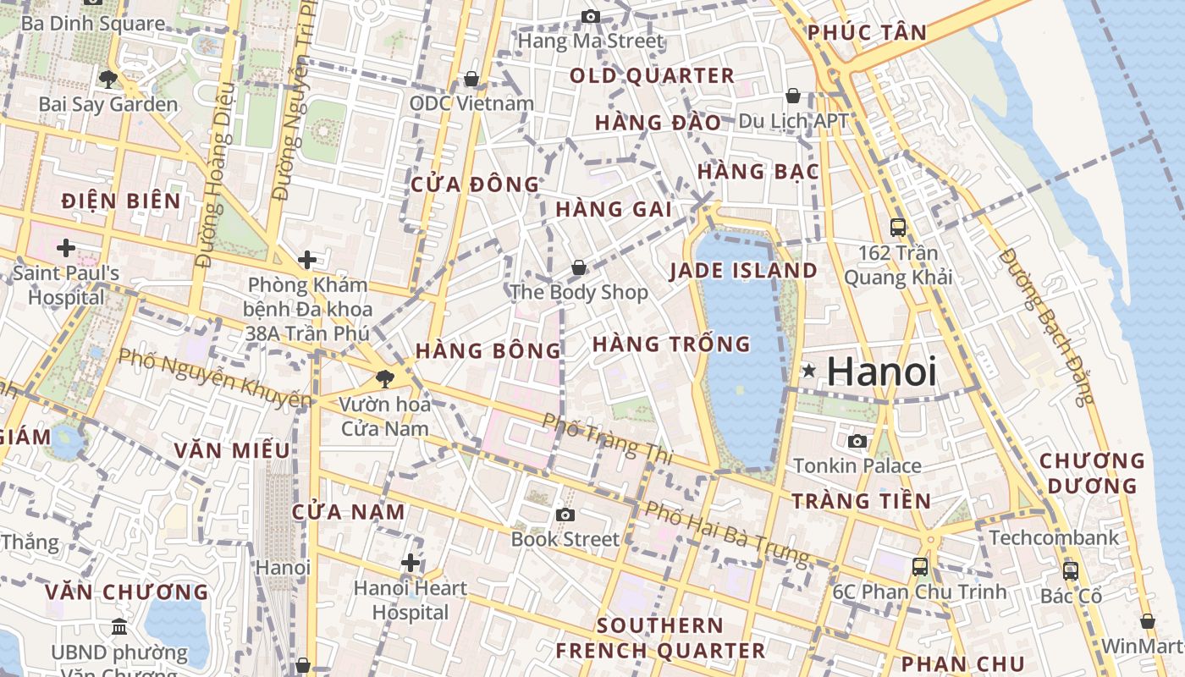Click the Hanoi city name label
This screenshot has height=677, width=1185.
(x=881, y=372)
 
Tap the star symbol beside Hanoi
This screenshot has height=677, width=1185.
(x=809, y=371)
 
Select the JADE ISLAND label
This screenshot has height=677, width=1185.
(x=743, y=271)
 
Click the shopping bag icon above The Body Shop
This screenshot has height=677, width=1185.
(x=579, y=267)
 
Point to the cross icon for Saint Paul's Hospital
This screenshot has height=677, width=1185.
(x=66, y=248)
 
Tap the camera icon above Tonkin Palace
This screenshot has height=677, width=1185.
(x=857, y=441)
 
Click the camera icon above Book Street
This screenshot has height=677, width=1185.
(x=565, y=514)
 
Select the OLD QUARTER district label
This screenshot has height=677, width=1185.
(x=652, y=75)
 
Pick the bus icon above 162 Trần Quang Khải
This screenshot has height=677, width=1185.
(x=898, y=227)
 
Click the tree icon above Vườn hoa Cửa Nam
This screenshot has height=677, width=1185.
(x=386, y=379)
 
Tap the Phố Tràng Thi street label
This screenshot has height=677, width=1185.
(x=607, y=438)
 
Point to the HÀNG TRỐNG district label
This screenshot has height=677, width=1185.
(x=671, y=344)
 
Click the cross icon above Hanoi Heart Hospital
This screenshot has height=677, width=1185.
(x=411, y=562)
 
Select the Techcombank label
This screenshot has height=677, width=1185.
(x=1054, y=537)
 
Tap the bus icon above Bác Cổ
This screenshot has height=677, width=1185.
(x=1071, y=570)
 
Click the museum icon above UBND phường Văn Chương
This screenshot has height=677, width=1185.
(x=119, y=627)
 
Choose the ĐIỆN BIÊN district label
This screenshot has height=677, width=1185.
(x=122, y=201)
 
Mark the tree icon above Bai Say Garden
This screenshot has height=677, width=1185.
(x=107, y=80)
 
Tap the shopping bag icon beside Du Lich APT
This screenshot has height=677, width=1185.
(x=793, y=96)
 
